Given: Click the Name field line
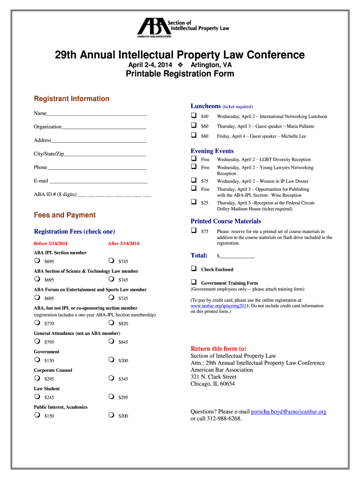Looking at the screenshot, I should (x=97, y=114).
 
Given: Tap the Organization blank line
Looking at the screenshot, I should (x=104, y=127).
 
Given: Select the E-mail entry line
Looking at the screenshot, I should (x=98, y=181).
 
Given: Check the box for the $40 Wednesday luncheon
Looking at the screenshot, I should (x=193, y=116).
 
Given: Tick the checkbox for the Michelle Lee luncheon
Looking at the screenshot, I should (x=193, y=135).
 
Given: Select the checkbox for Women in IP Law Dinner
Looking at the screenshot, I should (x=193, y=180).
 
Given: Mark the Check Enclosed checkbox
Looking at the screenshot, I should (x=193, y=269).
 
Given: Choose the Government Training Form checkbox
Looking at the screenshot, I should (x=193, y=282).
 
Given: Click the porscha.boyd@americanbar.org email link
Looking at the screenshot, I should (x=288, y=412).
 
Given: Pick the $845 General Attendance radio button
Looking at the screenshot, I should (x=111, y=341).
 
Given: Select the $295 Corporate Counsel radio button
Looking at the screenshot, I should (x=36, y=378).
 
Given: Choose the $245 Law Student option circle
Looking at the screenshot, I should (x=36, y=397).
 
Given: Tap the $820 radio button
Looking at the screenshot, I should (x=111, y=323).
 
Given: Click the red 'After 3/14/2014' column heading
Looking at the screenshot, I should (x=123, y=244).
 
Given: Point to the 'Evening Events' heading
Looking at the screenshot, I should (x=212, y=151).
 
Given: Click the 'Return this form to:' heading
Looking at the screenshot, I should (x=218, y=348).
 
